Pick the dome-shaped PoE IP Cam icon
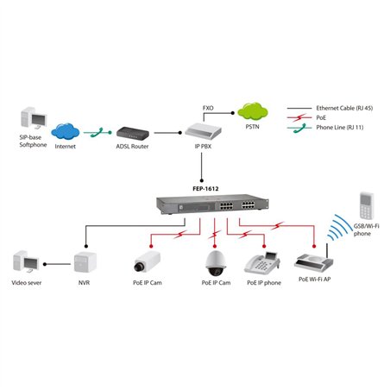tap(214, 260)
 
